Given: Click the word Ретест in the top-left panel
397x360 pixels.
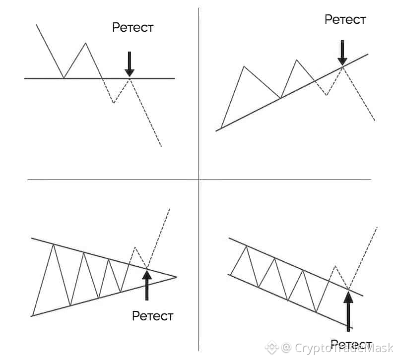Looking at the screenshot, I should pyautogui.click(x=132, y=27).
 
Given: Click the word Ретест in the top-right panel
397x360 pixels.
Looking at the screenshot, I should pyautogui.click(x=345, y=20).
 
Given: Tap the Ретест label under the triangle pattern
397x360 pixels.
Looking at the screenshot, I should pyautogui.click(x=152, y=315).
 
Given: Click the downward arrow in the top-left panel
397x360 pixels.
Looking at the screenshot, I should pyautogui.click(x=130, y=63).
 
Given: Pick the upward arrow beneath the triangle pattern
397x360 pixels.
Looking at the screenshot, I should pyautogui.click(x=147, y=285).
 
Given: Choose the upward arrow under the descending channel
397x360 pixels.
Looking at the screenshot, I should pyautogui.click(x=348, y=310).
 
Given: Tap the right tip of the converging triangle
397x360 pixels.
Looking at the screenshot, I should pyautogui.click(x=176, y=277).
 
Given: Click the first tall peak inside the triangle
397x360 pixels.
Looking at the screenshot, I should pyautogui.click(x=53, y=245).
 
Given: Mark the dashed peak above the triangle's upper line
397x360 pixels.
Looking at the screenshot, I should pyautogui.click(x=134, y=246).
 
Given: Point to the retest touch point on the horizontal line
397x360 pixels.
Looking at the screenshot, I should pyautogui.click(x=130, y=78).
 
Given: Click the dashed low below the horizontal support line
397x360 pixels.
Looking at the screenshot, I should pyautogui.click(x=114, y=103).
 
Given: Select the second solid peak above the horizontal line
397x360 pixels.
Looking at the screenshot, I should pyautogui.click(x=86, y=43).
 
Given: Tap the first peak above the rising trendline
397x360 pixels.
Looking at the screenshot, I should pyautogui.click(x=244, y=66).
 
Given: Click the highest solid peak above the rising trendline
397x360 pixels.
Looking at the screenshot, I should pyautogui.click(x=297, y=60).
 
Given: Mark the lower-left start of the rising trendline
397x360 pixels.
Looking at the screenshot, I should pyautogui.click(x=216, y=131).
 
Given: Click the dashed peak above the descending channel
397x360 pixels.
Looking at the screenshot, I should pyautogui.click(x=335, y=266).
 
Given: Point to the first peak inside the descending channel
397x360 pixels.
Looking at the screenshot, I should pyautogui.click(x=247, y=246).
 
